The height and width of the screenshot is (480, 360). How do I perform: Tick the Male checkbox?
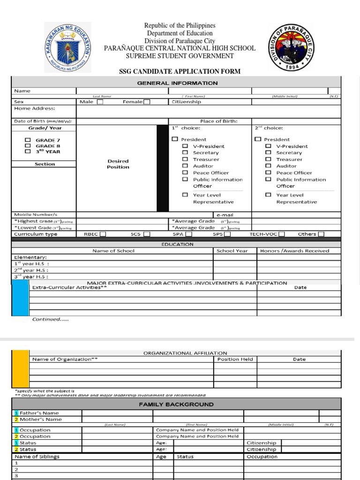100,102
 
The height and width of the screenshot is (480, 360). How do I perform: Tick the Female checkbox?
147,102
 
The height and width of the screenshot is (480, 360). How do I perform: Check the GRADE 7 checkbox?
28,140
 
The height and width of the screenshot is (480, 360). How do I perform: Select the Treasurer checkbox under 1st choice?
185,159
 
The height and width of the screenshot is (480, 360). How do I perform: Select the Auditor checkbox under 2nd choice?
268,166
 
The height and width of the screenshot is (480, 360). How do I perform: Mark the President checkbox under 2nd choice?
258,139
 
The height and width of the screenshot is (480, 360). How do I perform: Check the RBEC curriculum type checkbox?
103,234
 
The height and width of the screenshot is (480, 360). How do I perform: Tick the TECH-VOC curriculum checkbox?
282,234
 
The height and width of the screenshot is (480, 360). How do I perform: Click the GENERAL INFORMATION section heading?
177,83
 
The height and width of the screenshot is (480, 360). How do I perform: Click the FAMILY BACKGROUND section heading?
176,404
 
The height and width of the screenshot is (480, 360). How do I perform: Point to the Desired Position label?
118,164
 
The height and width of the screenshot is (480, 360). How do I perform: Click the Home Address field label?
35,108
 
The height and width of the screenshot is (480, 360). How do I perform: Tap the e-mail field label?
225,215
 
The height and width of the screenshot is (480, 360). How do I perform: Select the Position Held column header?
235,359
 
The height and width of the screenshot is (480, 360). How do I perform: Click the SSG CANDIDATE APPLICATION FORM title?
180,71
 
